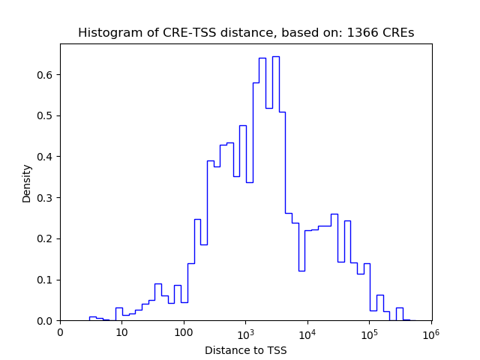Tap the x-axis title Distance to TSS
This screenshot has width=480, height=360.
245,349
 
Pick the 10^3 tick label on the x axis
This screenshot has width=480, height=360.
245,333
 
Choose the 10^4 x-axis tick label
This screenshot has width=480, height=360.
307,333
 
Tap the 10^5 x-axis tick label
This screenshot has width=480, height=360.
369,333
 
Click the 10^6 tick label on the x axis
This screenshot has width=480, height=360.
431,333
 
